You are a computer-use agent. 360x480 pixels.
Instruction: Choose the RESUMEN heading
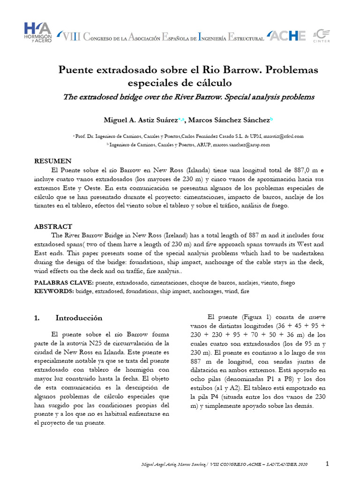pos(53,161)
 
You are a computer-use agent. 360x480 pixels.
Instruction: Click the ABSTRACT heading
pos(53,226)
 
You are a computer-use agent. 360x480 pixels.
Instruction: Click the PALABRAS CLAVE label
pos(64,283)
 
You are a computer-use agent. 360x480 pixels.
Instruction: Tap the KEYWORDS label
pos(54,291)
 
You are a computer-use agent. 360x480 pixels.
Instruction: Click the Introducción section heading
pos(78,318)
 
